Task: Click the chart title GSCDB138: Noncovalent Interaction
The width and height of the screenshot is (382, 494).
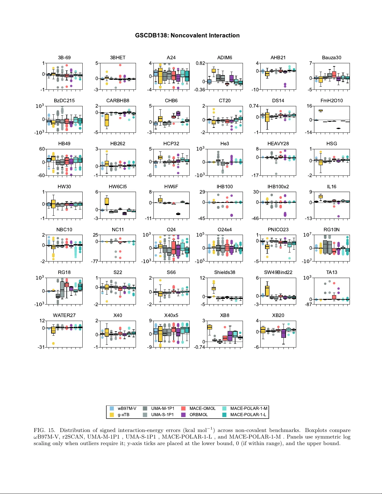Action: point(187,36)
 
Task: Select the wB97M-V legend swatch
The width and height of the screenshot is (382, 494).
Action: point(112,408)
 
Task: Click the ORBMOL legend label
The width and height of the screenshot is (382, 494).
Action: point(199,415)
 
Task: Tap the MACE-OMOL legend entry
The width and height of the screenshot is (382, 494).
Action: point(202,408)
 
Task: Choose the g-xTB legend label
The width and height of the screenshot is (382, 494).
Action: point(123,415)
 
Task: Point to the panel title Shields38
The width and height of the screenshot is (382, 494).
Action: point(225,272)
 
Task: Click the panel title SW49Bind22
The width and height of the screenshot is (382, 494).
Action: point(278,272)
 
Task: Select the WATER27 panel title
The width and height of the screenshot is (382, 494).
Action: point(64,315)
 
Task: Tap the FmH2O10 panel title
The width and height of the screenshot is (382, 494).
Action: point(331,101)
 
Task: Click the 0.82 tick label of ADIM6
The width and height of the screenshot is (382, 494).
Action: point(201,63)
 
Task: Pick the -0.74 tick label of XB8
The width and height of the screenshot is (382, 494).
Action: point(200,347)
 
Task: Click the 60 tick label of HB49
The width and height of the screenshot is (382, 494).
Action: point(42,149)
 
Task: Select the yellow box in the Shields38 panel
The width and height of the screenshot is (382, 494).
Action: point(214,289)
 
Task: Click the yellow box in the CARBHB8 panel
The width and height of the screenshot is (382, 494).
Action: point(107,120)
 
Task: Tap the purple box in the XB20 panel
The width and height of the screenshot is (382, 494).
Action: point(283,333)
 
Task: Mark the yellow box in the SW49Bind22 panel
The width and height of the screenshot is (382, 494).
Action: point(267,290)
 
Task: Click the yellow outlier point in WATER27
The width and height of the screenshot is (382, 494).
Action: point(53,343)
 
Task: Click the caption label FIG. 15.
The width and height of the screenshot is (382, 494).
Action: point(44,430)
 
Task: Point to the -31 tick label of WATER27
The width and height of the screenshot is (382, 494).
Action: point(41,347)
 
